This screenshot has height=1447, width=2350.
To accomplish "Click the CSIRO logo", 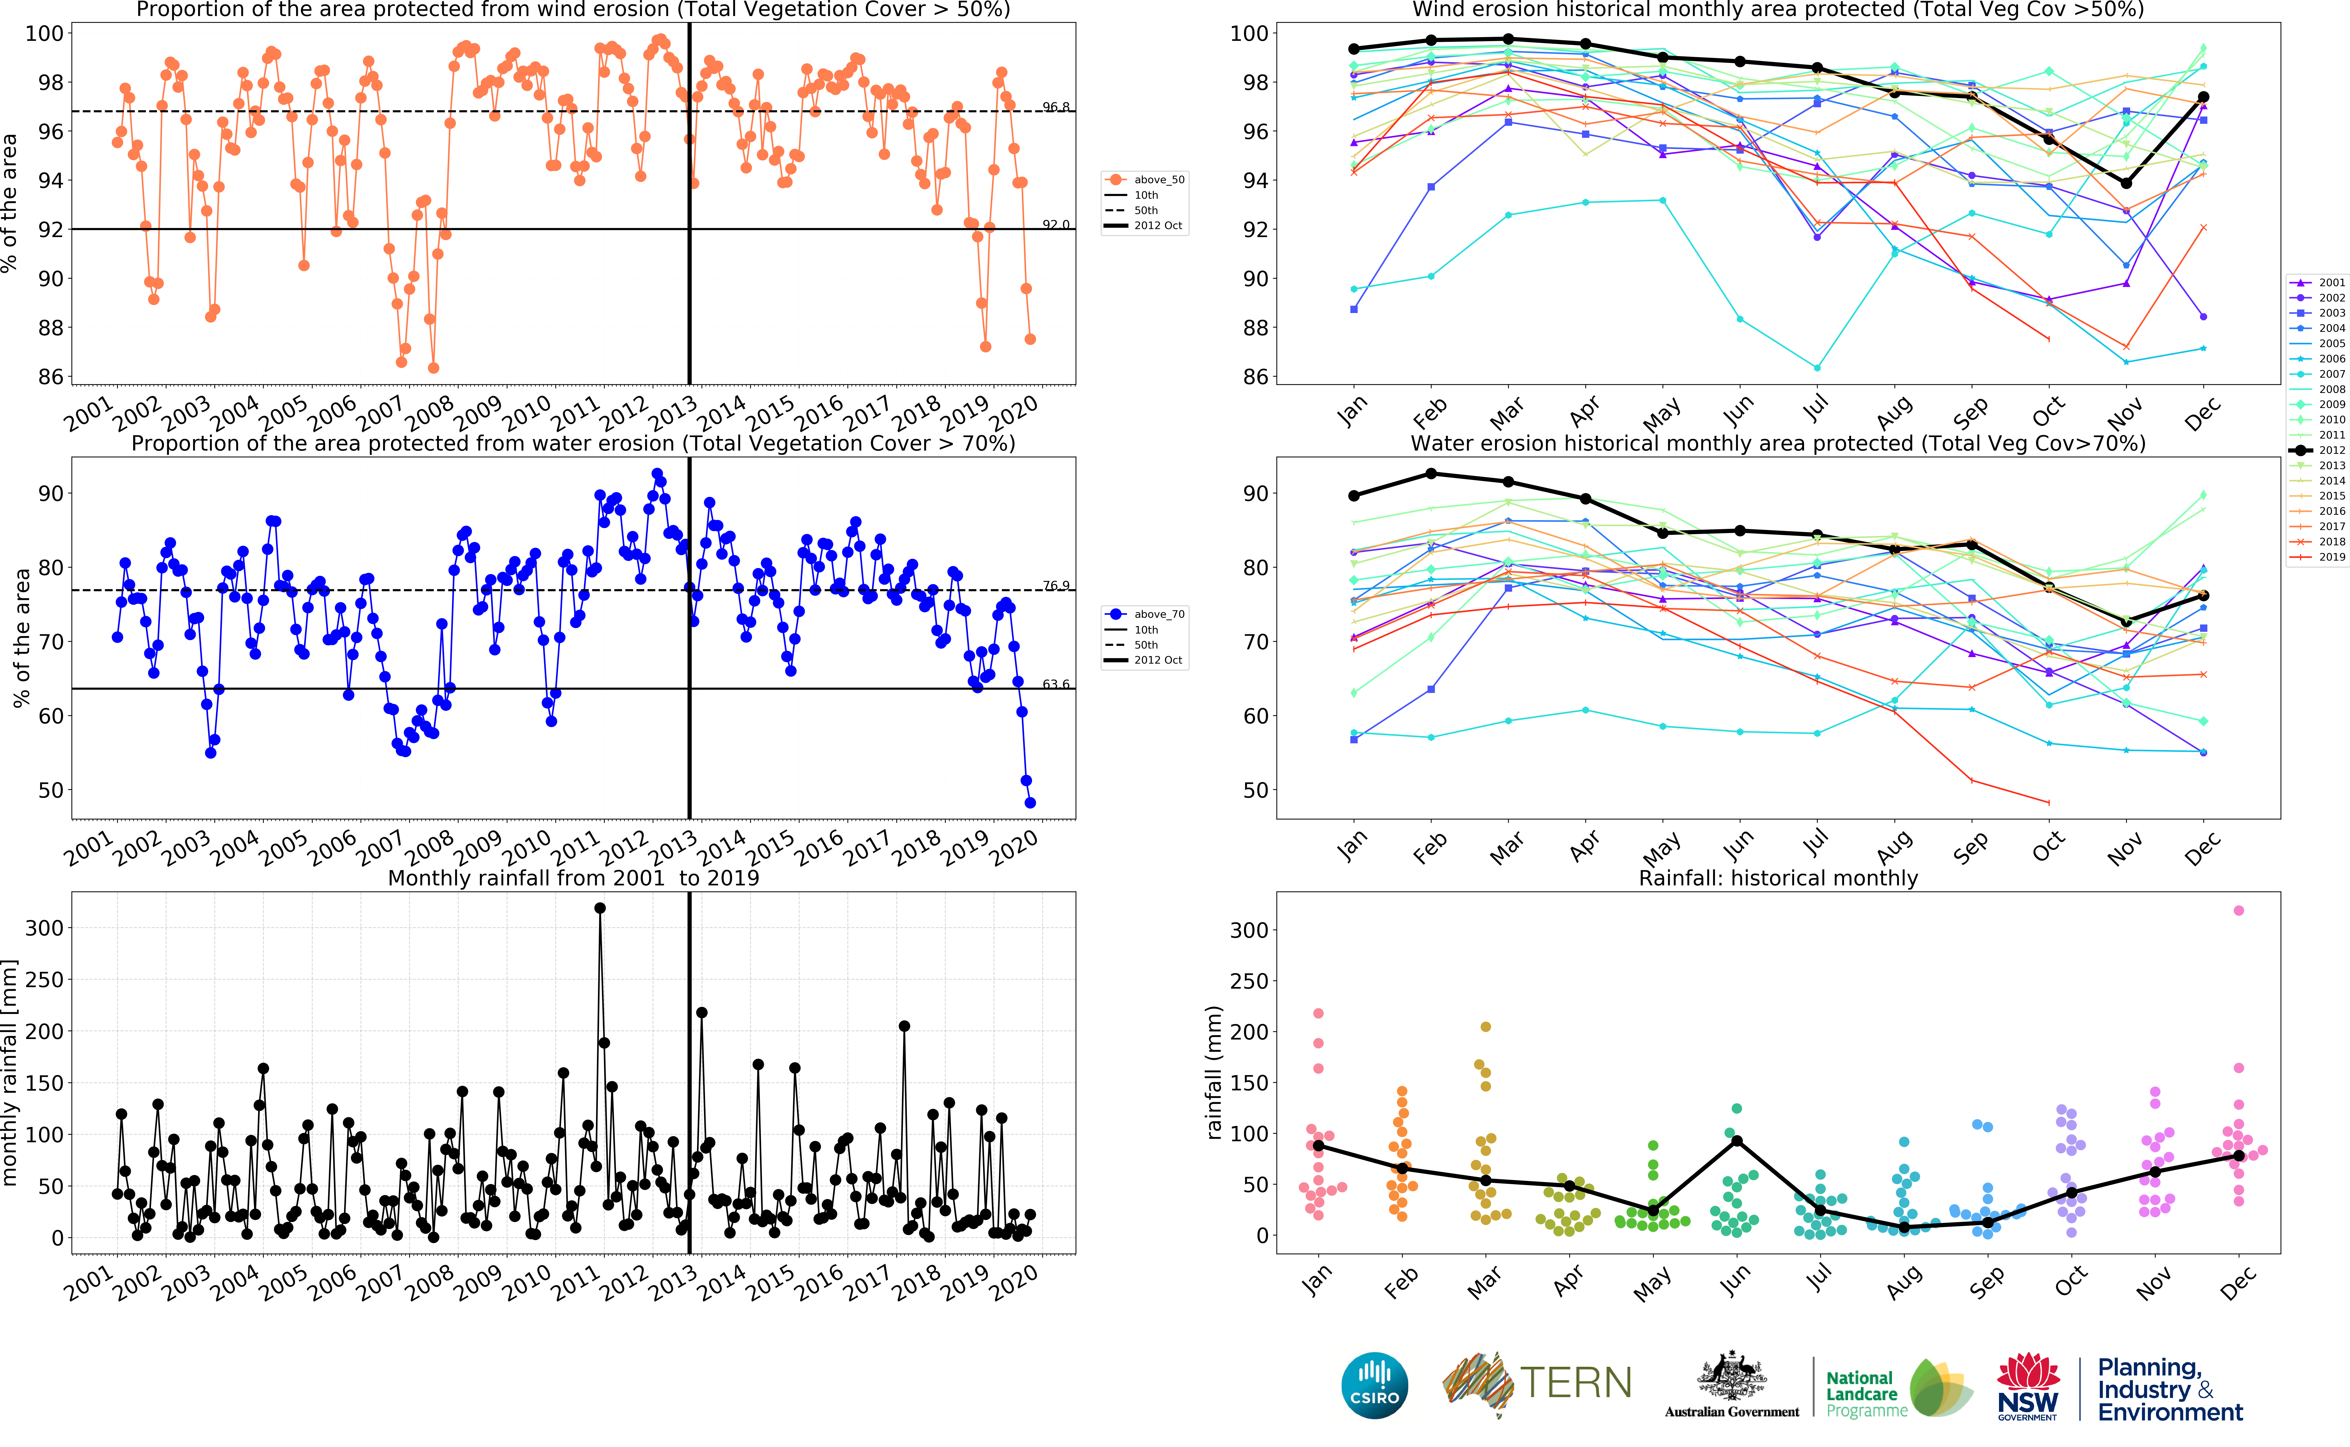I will point(1375,1385).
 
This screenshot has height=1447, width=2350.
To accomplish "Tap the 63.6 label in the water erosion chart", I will point(1056,684).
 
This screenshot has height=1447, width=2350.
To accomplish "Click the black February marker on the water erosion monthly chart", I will point(1431,474).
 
